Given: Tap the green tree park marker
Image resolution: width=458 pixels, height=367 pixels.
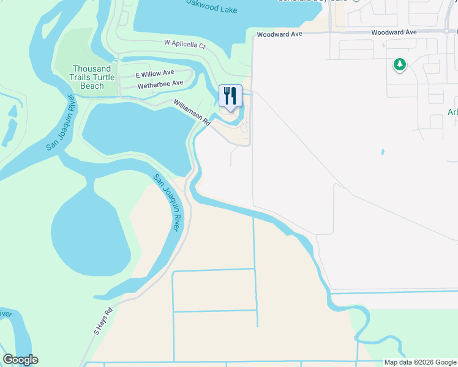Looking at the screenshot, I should pyautogui.click(x=400, y=64).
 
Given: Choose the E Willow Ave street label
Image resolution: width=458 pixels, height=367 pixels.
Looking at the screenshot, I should pyautogui.click(x=155, y=74).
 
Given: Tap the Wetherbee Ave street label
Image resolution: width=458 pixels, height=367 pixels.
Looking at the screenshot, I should pyautogui.click(x=160, y=84).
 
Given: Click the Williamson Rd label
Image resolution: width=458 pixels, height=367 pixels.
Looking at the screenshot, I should pyautogui.click(x=192, y=113).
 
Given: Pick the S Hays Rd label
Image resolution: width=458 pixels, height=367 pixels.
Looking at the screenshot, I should pyautogui.click(x=104, y=322).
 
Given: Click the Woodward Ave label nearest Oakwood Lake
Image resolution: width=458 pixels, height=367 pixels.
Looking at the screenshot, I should pyautogui.click(x=280, y=34).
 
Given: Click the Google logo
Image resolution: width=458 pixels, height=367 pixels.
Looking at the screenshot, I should pyautogui.click(x=20, y=360).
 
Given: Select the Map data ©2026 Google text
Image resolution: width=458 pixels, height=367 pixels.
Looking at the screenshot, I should pyautogui.click(x=420, y=362).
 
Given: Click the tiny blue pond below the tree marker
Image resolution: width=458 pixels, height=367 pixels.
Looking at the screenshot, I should pyautogui.click(x=383, y=152).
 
